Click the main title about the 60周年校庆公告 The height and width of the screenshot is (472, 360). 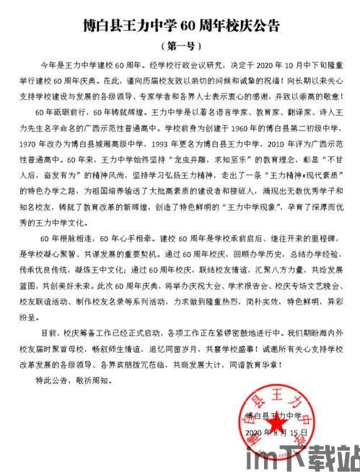pyautogui.click(x=179, y=27)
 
